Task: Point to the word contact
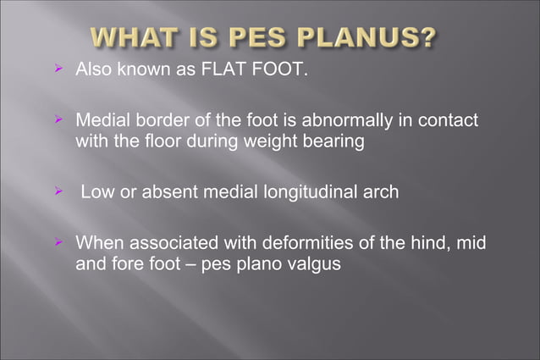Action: point(448,122)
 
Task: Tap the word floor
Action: point(166,141)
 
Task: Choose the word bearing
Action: point(337,141)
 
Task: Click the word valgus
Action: point(312,264)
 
